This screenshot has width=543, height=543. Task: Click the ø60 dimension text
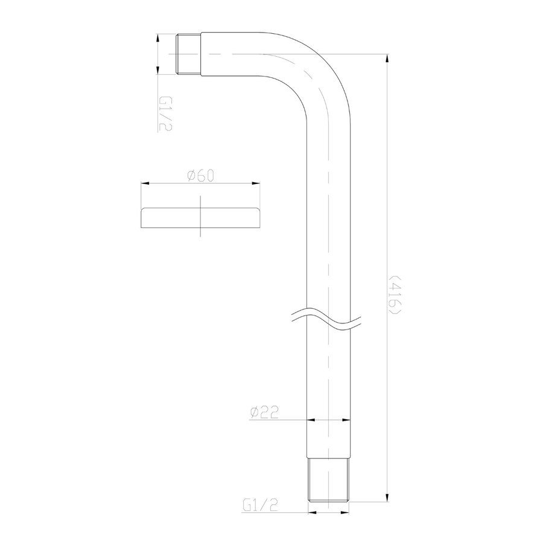tap(199, 175)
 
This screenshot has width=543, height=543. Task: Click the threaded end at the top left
tap(189, 54)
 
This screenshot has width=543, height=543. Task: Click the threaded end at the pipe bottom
tap(329, 479)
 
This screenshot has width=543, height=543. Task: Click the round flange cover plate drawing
tap(199, 218)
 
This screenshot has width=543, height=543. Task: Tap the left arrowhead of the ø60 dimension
tap(145, 183)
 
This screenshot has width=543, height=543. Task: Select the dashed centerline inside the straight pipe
tap(329, 241)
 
